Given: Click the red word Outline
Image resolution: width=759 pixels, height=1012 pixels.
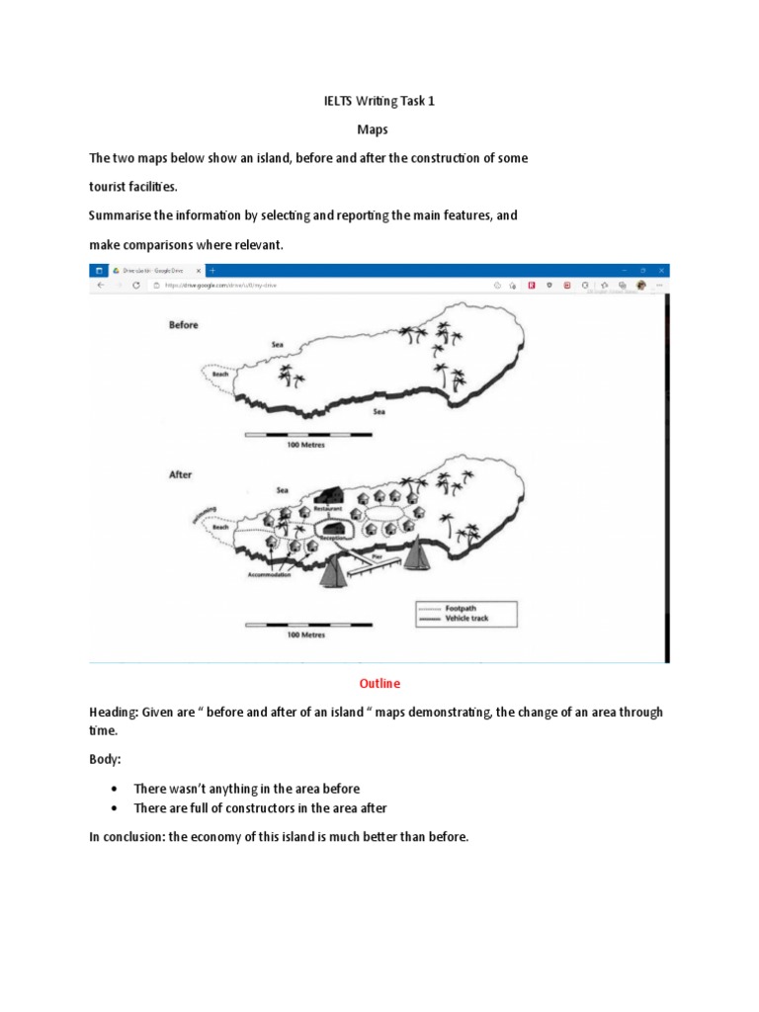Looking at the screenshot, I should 379,683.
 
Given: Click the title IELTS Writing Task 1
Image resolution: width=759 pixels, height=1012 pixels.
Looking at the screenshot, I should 379,100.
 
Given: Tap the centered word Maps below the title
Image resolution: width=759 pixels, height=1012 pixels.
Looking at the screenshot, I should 379,129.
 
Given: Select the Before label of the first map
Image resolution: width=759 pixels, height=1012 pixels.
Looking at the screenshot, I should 183,325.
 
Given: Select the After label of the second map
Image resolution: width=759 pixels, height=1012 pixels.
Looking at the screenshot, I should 180,474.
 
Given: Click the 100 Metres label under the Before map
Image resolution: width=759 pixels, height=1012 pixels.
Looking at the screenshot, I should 305,446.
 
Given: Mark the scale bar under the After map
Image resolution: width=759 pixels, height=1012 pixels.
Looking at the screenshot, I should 305,625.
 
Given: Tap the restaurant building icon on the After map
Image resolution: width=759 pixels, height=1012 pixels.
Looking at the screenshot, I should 330,494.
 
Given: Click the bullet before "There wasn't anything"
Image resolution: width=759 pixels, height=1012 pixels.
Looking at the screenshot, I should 116,789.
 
